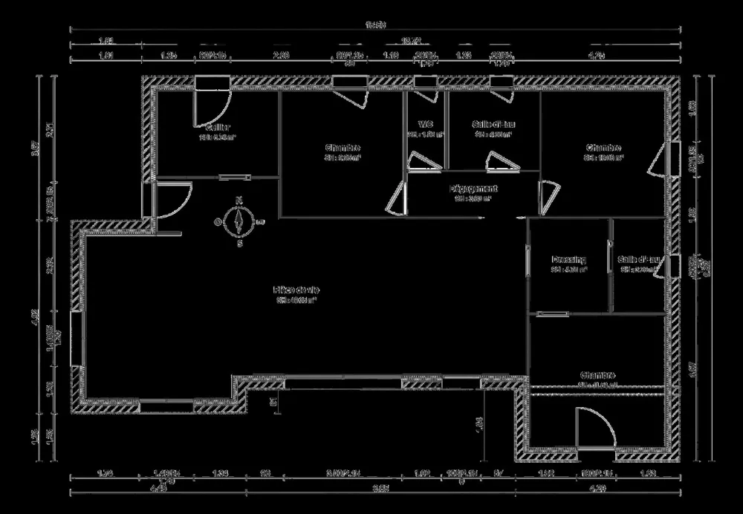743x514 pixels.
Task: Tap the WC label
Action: tap(425, 125)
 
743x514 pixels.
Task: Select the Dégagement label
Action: tap(473, 189)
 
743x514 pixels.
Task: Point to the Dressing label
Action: tap(569, 260)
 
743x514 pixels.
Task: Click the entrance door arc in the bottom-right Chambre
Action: tap(599, 427)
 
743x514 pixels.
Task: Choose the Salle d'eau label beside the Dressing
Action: tap(639, 260)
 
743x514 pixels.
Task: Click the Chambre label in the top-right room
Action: tap(603, 148)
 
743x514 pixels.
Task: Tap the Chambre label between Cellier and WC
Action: tap(343, 148)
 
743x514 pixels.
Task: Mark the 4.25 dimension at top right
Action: tap(596, 56)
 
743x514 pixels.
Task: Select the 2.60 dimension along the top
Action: tap(281, 56)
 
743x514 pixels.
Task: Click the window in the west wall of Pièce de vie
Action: tap(76, 338)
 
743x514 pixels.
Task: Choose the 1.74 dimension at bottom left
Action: tap(105, 473)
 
